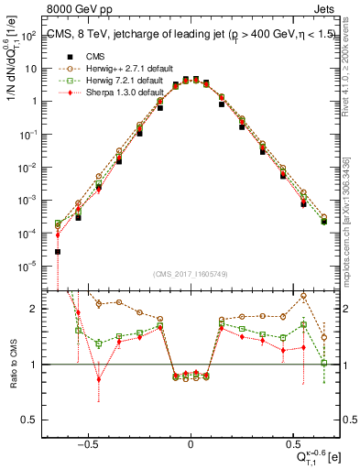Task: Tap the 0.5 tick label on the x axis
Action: click(x=292, y=443)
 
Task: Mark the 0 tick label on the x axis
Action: click(x=190, y=443)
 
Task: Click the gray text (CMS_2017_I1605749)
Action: click(x=190, y=275)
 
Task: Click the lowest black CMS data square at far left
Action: click(x=58, y=251)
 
